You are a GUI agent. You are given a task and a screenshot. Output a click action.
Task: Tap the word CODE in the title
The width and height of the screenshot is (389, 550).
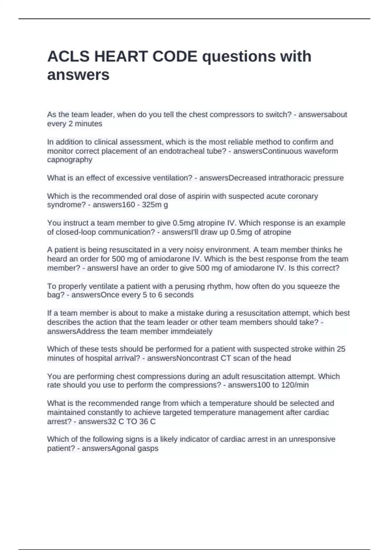pos(175,57)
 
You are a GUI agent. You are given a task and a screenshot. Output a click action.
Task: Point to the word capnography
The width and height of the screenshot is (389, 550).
pos(70,160)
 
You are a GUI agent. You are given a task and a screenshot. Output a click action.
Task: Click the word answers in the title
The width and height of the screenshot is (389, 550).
pos(78,75)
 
